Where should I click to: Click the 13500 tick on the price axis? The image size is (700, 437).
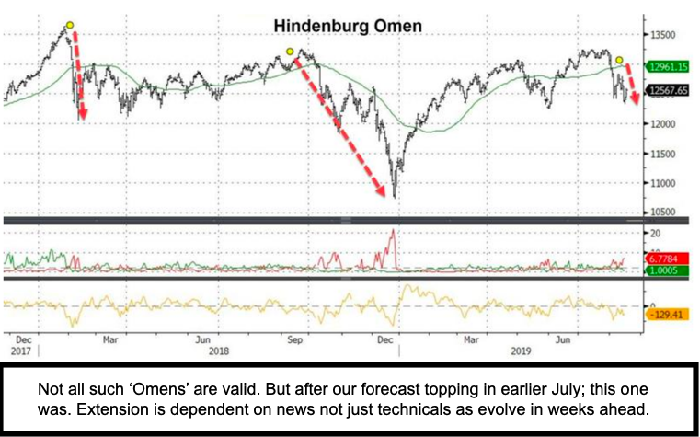click(x=665, y=35)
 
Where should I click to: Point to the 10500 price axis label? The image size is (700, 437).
click(x=665, y=212)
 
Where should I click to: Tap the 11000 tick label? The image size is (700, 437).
click(x=665, y=183)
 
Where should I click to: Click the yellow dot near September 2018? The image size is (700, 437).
click(x=290, y=52)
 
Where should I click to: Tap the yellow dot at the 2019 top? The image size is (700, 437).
click(x=619, y=60)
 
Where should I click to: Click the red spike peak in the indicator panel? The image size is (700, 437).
click(x=393, y=229)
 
